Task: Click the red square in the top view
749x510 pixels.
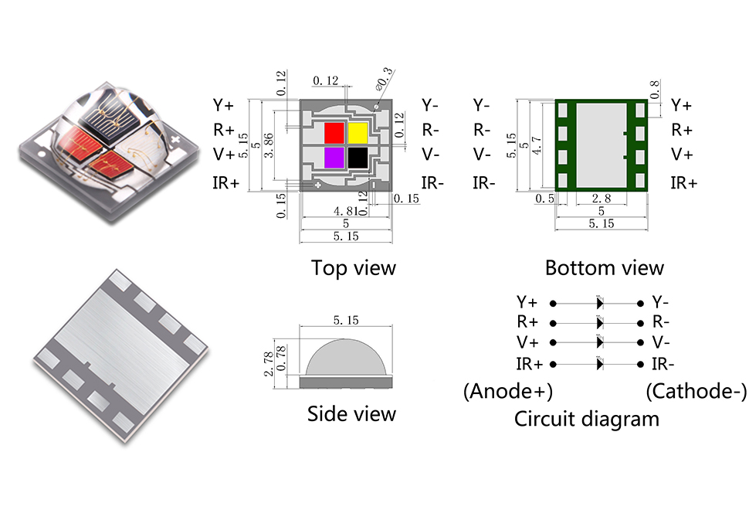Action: [334, 132]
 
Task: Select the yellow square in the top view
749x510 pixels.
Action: [357, 132]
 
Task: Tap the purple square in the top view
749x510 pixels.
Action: [334, 158]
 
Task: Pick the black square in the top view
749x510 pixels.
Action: [357, 158]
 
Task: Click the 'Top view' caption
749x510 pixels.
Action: [353, 268]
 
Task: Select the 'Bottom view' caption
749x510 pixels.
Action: [604, 268]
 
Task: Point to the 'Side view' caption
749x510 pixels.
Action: [351, 413]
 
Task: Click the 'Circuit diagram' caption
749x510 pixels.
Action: [587, 419]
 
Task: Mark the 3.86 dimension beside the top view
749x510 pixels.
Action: [268, 145]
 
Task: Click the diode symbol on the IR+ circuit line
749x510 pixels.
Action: [599, 364]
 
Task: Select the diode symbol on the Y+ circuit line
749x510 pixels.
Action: [599, 302]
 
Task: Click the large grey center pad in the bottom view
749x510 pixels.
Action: [602, 145]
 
